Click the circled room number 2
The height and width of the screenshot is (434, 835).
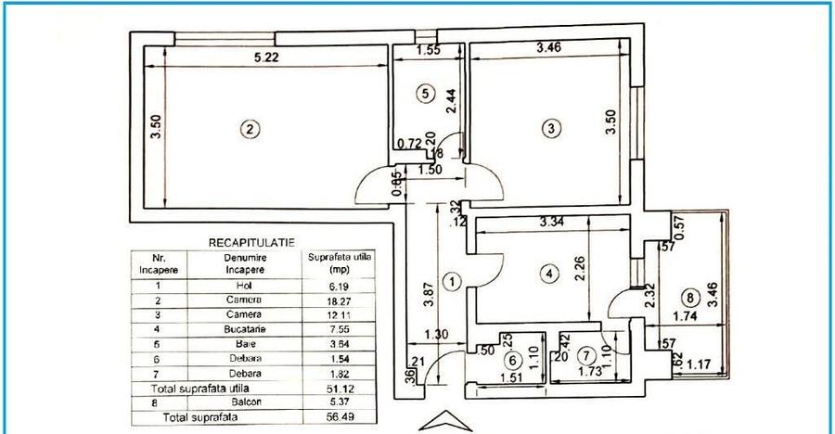pos(247,130)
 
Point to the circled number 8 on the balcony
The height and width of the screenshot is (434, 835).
pos(687,298)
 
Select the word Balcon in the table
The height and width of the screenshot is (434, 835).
pos(244,402)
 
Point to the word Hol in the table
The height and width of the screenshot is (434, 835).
pos(244,286)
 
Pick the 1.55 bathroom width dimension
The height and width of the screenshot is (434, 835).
pos(429,51)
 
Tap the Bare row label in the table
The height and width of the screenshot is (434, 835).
pos(244,343)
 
